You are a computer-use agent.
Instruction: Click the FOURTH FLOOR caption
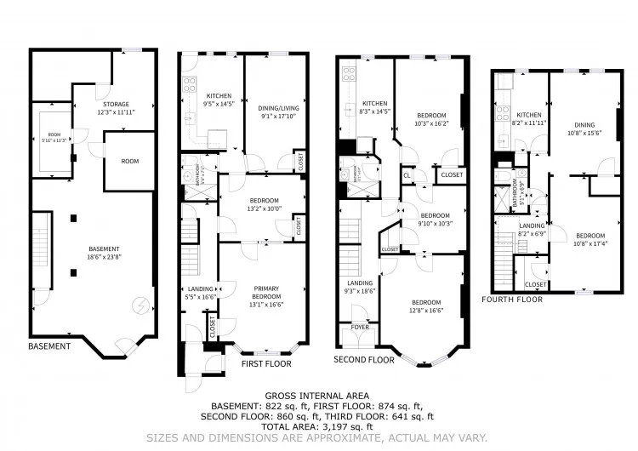pos(512,300)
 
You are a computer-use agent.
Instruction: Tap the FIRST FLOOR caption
pos(265,364)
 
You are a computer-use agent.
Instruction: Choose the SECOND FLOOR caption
pos(365,360)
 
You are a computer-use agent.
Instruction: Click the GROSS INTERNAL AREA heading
pos(317,396)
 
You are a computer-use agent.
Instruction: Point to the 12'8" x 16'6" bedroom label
pos(426,307)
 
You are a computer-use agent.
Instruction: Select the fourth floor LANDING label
pos(532,228)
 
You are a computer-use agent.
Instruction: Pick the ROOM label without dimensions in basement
pos(129,161)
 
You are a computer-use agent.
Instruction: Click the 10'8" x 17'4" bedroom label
pos(590,239)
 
